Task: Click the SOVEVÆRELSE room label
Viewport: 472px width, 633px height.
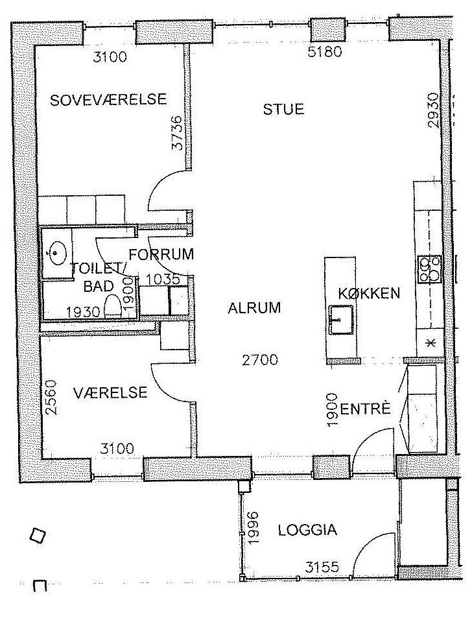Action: [x=108, y=100]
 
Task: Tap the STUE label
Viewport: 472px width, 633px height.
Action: [x=283, y=110]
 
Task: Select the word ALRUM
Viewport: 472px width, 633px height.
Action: [x=254, y=308]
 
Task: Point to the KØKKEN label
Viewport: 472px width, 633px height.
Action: [x=369, y=293]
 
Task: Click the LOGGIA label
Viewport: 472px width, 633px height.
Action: [x=307, y=530]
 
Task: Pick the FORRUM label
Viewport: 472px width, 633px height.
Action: [x=161, y=254]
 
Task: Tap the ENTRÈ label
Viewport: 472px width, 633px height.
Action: [x=366, y=409]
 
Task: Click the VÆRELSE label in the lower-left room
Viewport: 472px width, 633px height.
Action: [x=110, y=392]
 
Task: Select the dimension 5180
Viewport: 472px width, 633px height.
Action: [x=325, y=52]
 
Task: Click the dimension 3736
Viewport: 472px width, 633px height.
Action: [x=177, y=133]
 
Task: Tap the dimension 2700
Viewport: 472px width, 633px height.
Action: [x=260, y=359]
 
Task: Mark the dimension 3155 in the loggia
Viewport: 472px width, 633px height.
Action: [x=322, y=567]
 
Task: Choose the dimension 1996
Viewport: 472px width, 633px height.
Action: [x=253, y=529]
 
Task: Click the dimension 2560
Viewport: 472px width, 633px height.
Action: [x=51, y=398]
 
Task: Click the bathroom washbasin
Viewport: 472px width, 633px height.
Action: [x=56, y=253]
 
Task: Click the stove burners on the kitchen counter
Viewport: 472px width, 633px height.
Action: [x=429, y=269]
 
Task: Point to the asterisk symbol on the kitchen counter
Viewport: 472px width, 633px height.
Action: [x=431, y=343]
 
